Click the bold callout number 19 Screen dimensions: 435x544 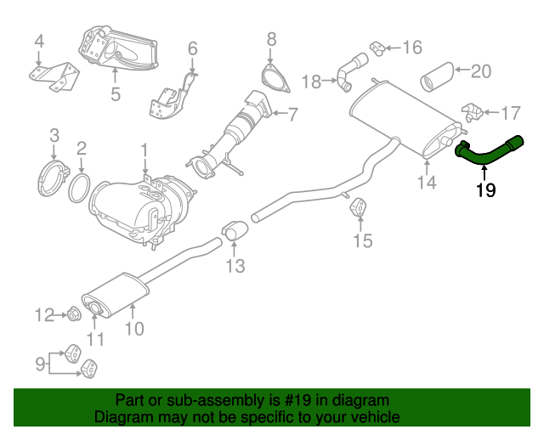tap(485, 190)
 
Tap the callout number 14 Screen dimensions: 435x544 tap(427, 181)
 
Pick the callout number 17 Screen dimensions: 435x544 tap(510, 112)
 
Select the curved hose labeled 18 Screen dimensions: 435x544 tap(348, 71)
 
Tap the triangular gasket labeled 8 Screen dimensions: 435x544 tap(271, 75)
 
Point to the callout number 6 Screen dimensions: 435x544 tap(192, 48)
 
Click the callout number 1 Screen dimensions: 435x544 tap(144, 152)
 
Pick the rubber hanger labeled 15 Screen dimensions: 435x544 tap(360, 209)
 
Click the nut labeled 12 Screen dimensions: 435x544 tap(71, 317)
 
